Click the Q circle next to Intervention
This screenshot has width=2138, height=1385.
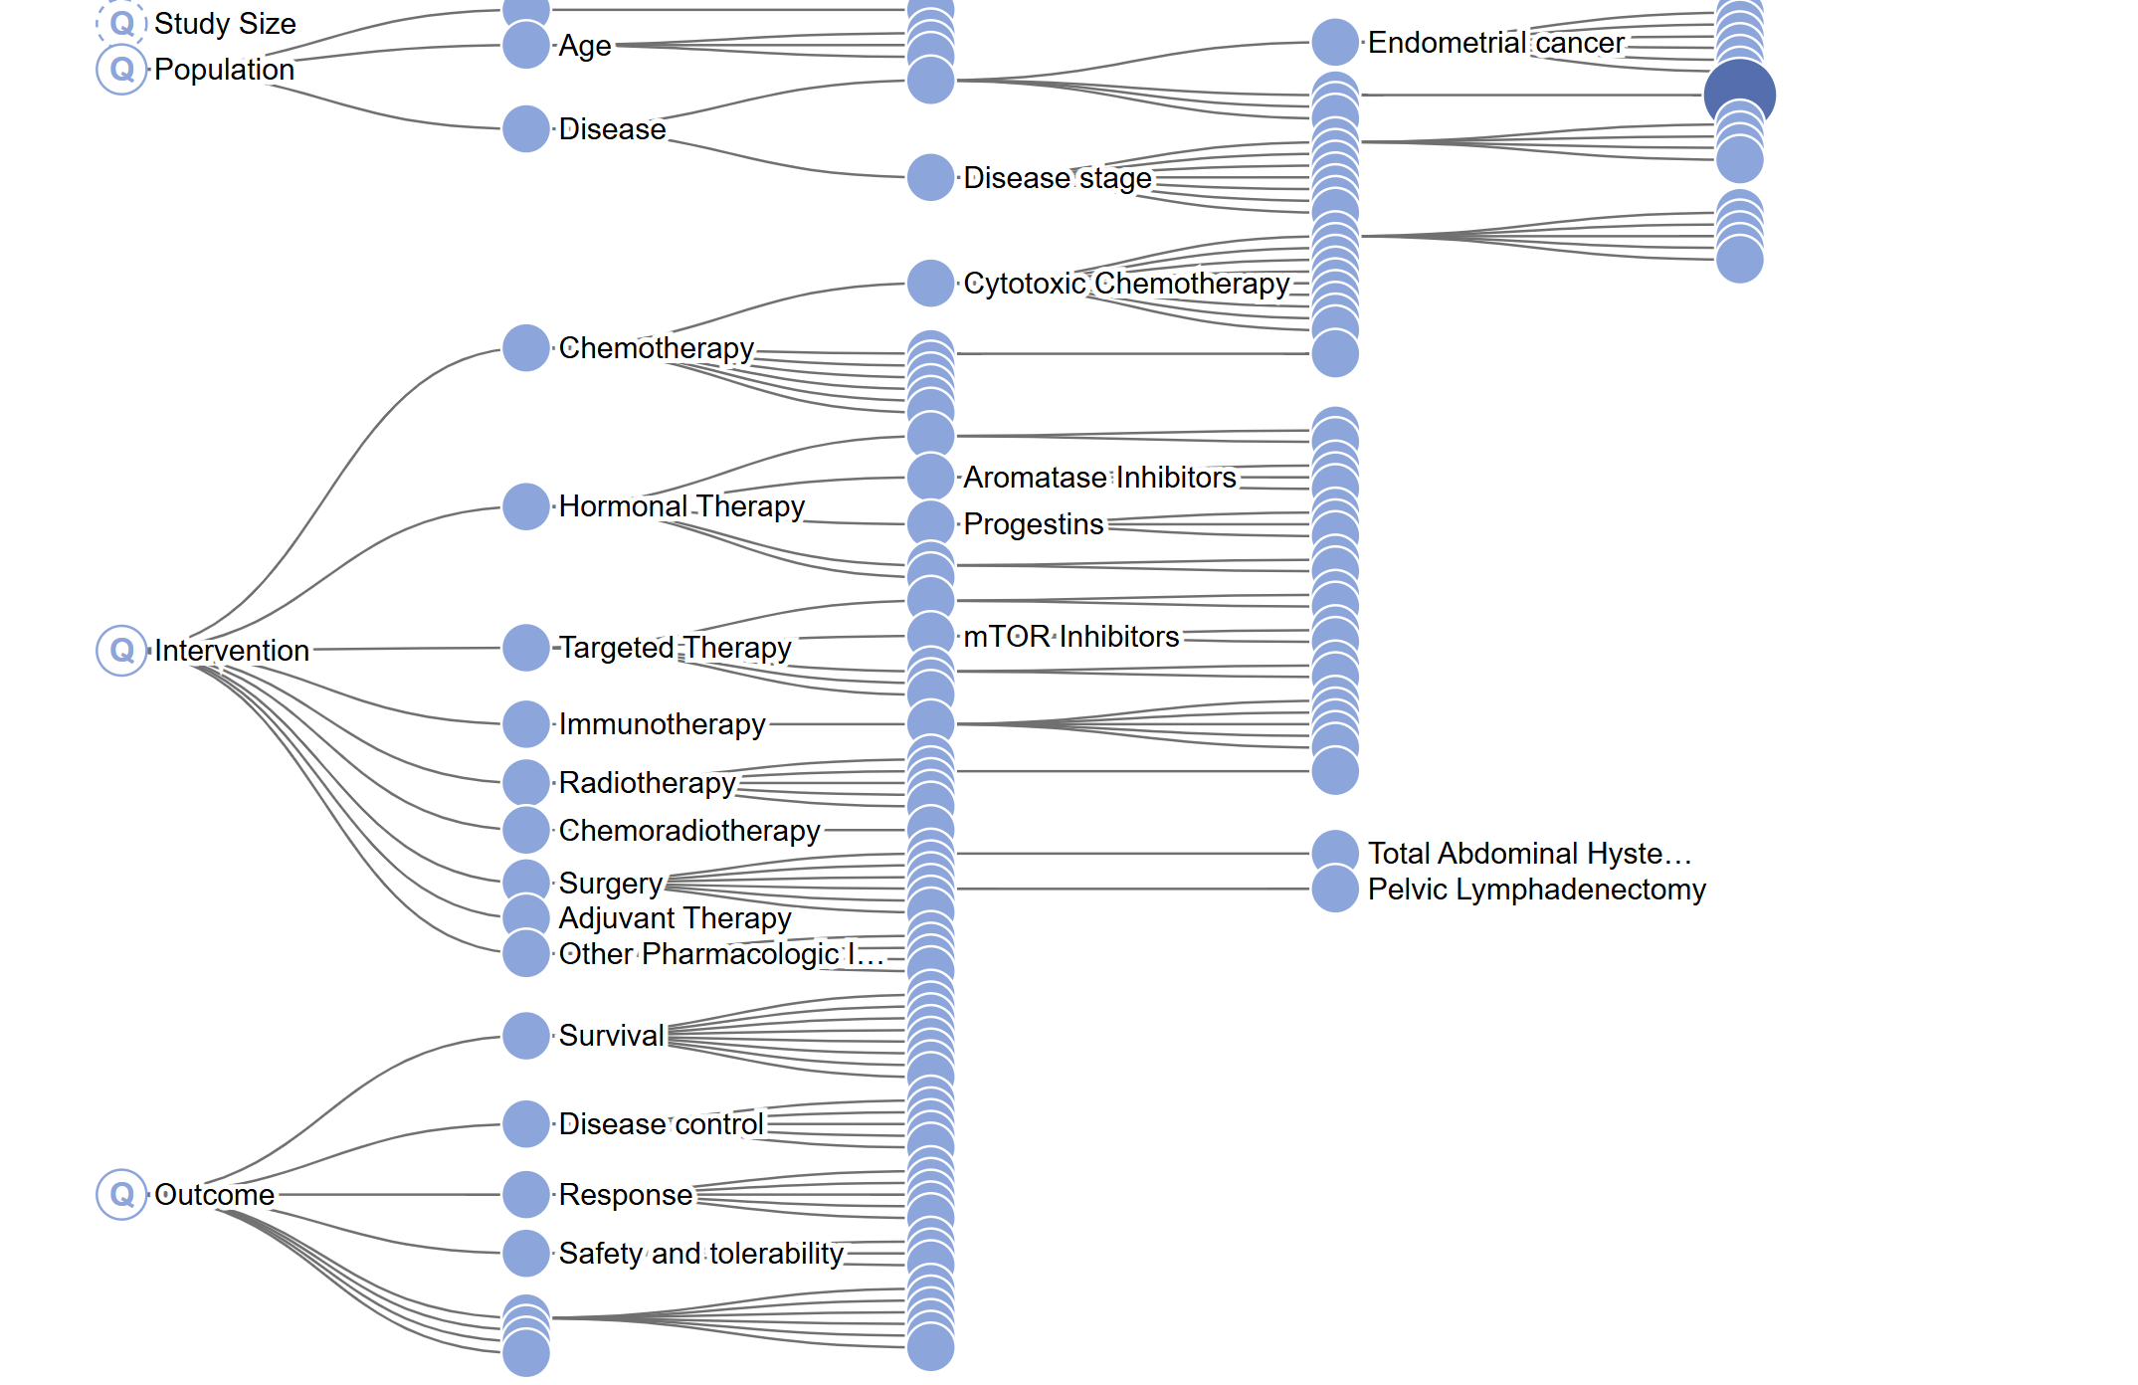pyautogui.click(x=121, y=651)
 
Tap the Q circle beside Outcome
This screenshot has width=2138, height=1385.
pyautogui.click(x=121, y=1194)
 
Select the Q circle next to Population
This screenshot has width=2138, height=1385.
pyautogui.click(x=121, y=70)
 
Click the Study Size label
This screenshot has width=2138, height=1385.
pyautogui.click(x=225, y=24)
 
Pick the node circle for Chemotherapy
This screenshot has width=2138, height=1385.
pyautogui.click(x=526, y=348)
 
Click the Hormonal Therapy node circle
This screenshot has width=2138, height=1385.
pyautogui.click(x=526, y=506)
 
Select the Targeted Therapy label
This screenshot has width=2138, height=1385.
pyautogui.click(x=676, y=648)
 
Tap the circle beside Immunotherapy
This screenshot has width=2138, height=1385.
pyautogui.click(x=526, y=724)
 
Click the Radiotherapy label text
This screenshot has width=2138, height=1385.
pyautogui.click(x=647, y=783)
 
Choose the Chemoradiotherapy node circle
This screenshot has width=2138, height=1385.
pyautogui.click(x=526, y=830)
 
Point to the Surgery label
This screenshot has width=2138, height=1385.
pyautogui.click(x=610, y=884)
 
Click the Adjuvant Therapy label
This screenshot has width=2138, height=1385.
pyautogui.click(x=675, y=918)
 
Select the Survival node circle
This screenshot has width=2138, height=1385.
pyautogui.click(x=526, y=1036)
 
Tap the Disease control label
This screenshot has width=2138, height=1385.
pyautogui.click(x=661, y=1124)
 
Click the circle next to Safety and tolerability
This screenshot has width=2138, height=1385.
pyautogui.click(x=526, y=1254)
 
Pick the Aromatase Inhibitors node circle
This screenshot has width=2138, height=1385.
pyautogui.click(x=931, y=478)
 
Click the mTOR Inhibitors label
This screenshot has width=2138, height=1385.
pyautogui.click(x=1070, y=637)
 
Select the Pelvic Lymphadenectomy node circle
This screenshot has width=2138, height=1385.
pyautogui.click(x=1335, y=890)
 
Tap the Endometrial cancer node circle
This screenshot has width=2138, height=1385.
pyautogui.click(x=1335, y=43)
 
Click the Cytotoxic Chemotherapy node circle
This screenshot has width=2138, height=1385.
pyautogui.click(x=931, y=284)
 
